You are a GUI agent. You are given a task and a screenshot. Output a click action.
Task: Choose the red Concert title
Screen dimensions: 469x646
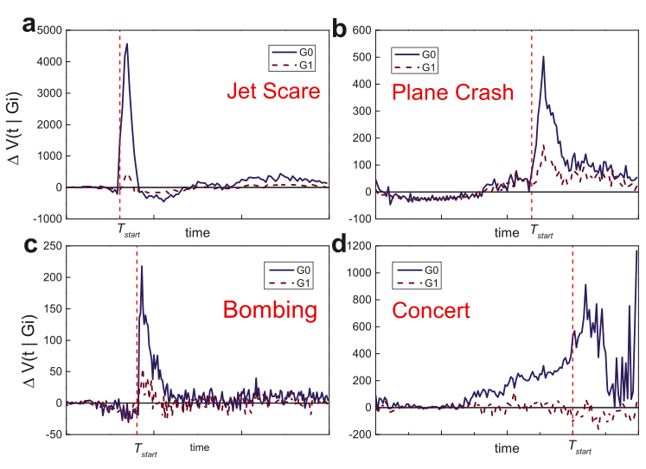(x=432, y=309)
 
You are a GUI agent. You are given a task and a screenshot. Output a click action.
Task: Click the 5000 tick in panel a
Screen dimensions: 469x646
(x=50, y=30)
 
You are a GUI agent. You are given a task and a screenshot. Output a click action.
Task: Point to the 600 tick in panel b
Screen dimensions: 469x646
(x=360, y=30)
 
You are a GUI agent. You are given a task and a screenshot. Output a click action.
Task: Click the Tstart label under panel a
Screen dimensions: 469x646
(x=129, y=232)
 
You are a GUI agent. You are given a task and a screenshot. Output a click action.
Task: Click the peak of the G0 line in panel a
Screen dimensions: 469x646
(x=127, y=44)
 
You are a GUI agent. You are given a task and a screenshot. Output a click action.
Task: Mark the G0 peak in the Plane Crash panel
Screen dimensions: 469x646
(x=543, y=57)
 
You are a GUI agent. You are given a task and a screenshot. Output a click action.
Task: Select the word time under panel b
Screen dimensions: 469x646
(x=507, y=231)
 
